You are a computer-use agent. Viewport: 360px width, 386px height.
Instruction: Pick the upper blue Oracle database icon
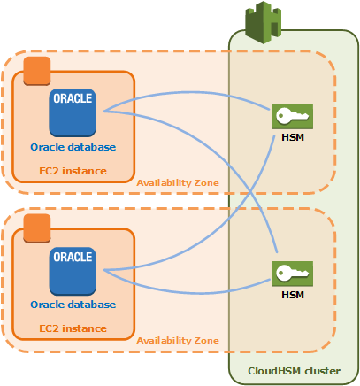click(73, 112)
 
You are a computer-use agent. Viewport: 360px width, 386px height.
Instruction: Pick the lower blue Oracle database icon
click(73, 270)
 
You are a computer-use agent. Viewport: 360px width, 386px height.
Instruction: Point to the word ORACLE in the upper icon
click(73, 98)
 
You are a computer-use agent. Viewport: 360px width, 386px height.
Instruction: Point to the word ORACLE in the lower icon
click(73, 258)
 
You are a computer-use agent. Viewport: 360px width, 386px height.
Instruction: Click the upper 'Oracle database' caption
click(73, 146)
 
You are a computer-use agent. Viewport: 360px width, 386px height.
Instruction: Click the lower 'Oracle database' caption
click(73, 305)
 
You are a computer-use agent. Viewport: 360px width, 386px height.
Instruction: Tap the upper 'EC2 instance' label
click(73, 170)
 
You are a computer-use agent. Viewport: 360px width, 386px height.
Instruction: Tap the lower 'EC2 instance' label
click(73, 328)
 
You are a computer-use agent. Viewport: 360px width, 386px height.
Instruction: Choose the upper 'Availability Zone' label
click(178, 182)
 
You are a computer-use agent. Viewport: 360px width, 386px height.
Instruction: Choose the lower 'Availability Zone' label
click(178, 341)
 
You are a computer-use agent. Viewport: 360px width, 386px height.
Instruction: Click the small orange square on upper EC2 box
click(35, 71)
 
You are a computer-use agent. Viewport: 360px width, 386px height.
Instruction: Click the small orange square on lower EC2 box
click(35, 228)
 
